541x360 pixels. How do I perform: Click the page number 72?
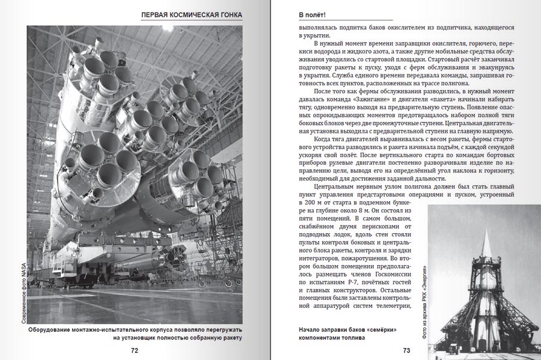[135, 350]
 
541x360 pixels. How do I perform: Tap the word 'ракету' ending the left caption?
[230, 338]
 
